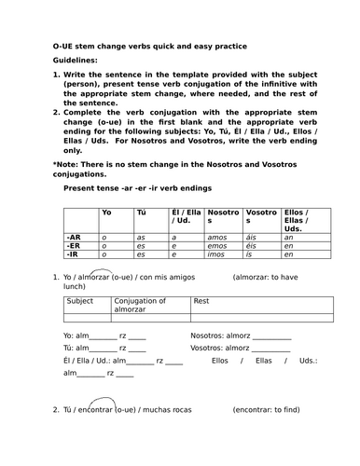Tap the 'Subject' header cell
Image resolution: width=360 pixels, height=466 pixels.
pyautogui.click(x=81, y=301)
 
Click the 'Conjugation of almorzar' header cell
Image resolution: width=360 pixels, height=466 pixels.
pyautogui.click(x=140, y=306)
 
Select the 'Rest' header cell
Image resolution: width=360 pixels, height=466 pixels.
pyautogui.click(x=201, y=301)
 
